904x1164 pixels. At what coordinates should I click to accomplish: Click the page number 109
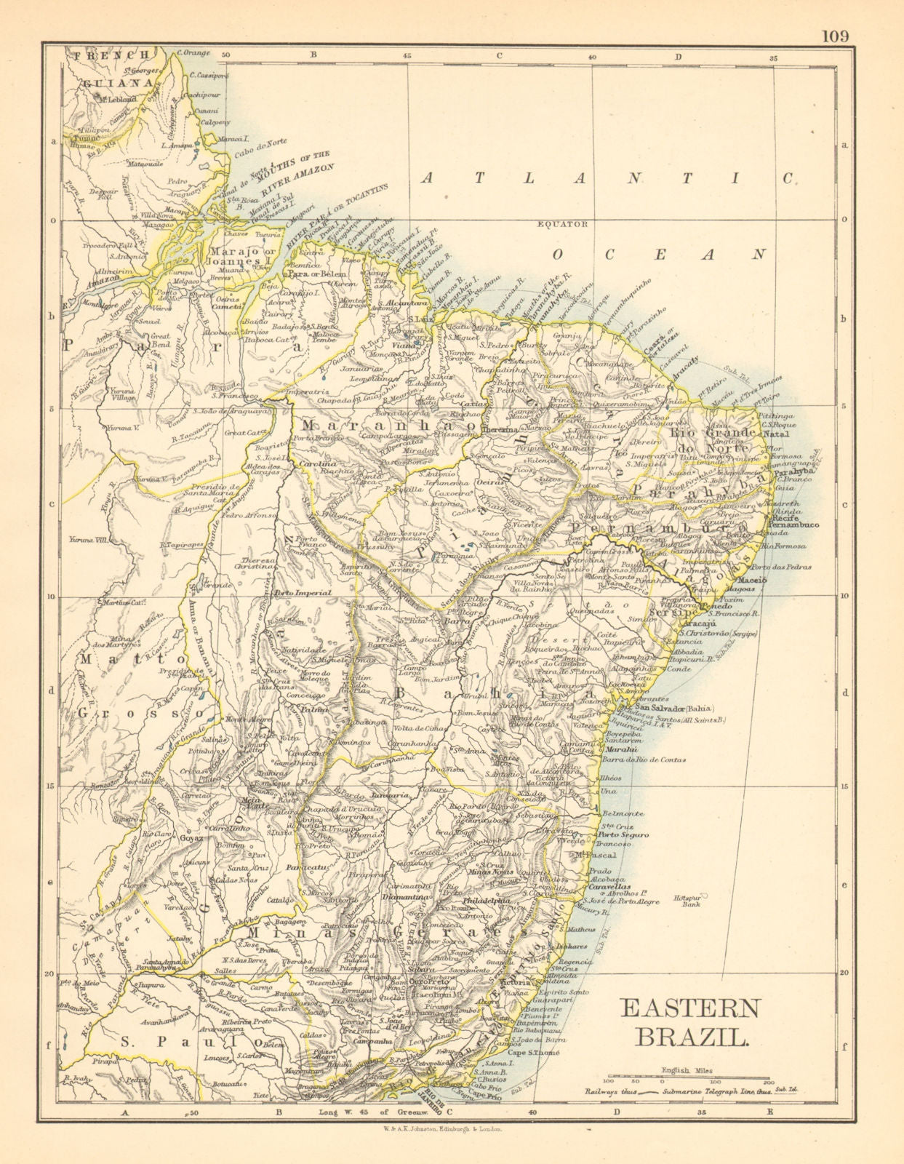[x=835, y=36]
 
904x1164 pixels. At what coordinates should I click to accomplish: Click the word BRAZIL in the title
[x=690, y=1036]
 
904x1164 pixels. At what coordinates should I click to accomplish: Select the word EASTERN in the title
[x=689, y=1008]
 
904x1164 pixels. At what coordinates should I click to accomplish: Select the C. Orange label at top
[x=193, y=52]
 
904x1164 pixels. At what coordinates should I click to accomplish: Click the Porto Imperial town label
[x=303, y=592]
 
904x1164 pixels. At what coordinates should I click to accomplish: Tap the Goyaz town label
[x=196, y=837]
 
